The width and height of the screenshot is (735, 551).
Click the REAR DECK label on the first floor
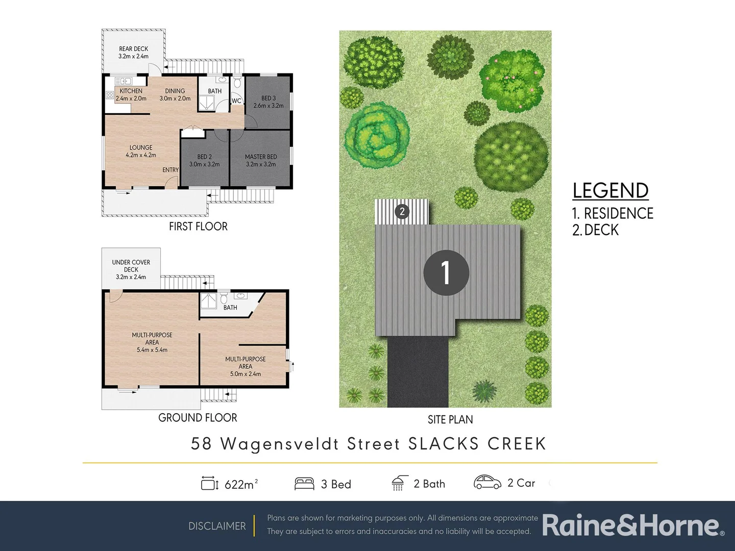[133, 53]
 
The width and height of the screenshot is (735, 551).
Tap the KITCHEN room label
[131, 95]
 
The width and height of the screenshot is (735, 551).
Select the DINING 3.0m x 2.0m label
[175, 95]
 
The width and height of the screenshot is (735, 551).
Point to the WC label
[236, 101]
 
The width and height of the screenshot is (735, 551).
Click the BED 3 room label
[268, 102]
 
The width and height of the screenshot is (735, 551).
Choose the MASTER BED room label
[261, 161]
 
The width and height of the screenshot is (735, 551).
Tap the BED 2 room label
[204, 161]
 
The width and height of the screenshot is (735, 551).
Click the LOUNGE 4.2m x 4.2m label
[141, 151]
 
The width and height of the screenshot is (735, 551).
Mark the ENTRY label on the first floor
[170, 170]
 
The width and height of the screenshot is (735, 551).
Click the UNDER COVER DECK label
[131, 269]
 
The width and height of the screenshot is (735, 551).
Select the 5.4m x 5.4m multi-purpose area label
[152, 342]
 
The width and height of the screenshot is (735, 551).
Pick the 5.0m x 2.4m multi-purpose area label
[246, 366]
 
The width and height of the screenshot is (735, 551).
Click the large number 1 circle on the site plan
[446, 272]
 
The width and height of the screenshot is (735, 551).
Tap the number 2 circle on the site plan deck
[402, 211]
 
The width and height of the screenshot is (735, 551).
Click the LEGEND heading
[610, 191]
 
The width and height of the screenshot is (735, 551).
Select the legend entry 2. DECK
[595, 230]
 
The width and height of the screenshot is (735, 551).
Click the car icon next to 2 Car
[487, 482]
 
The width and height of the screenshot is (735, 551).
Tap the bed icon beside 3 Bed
[304, 483]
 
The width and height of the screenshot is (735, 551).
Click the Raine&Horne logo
[632, 525]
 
